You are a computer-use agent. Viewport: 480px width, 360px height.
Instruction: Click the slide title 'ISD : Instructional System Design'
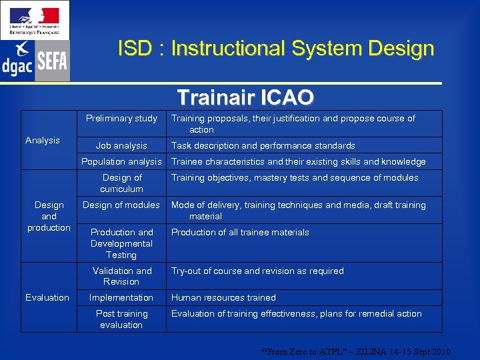pos(275,49)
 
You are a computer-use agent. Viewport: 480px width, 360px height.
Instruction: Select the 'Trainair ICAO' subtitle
pos(245,97)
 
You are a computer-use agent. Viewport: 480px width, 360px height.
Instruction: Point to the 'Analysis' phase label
pos(43,140)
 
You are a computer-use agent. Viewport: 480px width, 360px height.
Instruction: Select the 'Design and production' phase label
pos(49,216)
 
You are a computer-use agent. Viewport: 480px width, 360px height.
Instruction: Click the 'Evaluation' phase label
pos(47,297)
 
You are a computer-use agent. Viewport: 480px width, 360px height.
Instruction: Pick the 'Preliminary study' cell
pos(121,118)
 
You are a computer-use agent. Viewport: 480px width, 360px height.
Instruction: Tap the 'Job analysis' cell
pos(121,145)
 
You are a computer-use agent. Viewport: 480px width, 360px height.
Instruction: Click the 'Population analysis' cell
pos(121,161)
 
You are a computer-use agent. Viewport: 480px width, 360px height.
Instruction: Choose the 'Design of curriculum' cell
pos(121,183)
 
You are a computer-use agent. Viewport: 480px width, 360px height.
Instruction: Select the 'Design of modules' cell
pos(121,205)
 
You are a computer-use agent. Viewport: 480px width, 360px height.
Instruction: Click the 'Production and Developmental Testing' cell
pos(121,243)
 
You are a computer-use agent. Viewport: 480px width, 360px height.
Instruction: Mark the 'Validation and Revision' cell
pos(121,276)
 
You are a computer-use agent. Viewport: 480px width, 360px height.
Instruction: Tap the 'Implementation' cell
pos(121,297)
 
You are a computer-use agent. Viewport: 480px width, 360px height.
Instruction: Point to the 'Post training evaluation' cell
pos(121,319)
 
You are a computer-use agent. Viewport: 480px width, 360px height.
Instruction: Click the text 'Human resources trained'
pos(223,297)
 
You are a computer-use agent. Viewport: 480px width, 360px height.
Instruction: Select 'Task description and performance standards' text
pos(263,145)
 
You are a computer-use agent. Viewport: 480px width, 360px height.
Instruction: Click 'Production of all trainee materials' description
pos(240,232)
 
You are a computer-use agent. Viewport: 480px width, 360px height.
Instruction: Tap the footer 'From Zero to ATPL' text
pos(357,351)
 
